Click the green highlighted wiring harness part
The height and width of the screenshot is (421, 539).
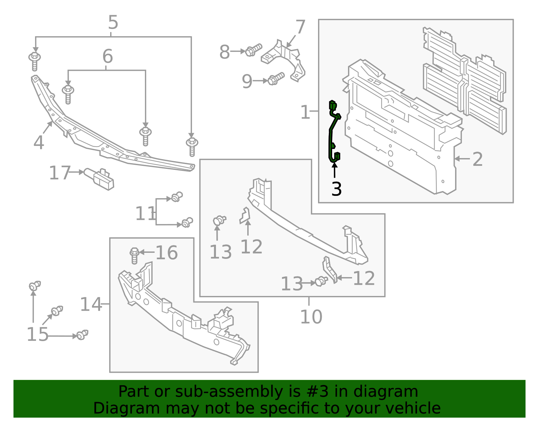[x=331, y=135]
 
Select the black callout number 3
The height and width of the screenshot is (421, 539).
[x=336, y=189]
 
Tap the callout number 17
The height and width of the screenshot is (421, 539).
[x=60, y=173]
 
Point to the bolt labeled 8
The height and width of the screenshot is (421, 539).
[x=253, y=51]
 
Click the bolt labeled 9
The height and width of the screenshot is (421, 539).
[x=276, y=79]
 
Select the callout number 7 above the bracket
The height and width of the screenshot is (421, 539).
[x=300, y=27]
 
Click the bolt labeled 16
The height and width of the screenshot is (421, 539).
[x=134, y=255]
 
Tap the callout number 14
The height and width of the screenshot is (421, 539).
[x=90, y=304]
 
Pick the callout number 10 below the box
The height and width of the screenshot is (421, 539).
[x=311, y=317]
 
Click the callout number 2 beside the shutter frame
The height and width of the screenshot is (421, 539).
[x=477, y=159]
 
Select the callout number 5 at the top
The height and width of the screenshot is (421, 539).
[x=113, y=23]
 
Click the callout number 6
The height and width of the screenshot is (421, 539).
[x=107, y=56]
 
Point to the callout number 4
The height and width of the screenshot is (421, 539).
[x=38, y=143]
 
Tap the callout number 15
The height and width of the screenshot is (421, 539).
[x=37, y=334]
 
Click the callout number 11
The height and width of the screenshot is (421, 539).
[x=145, y=214]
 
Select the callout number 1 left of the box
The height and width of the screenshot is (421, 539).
[x=305, y=112]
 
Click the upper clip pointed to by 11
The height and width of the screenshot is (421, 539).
[x=177, y=197]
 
